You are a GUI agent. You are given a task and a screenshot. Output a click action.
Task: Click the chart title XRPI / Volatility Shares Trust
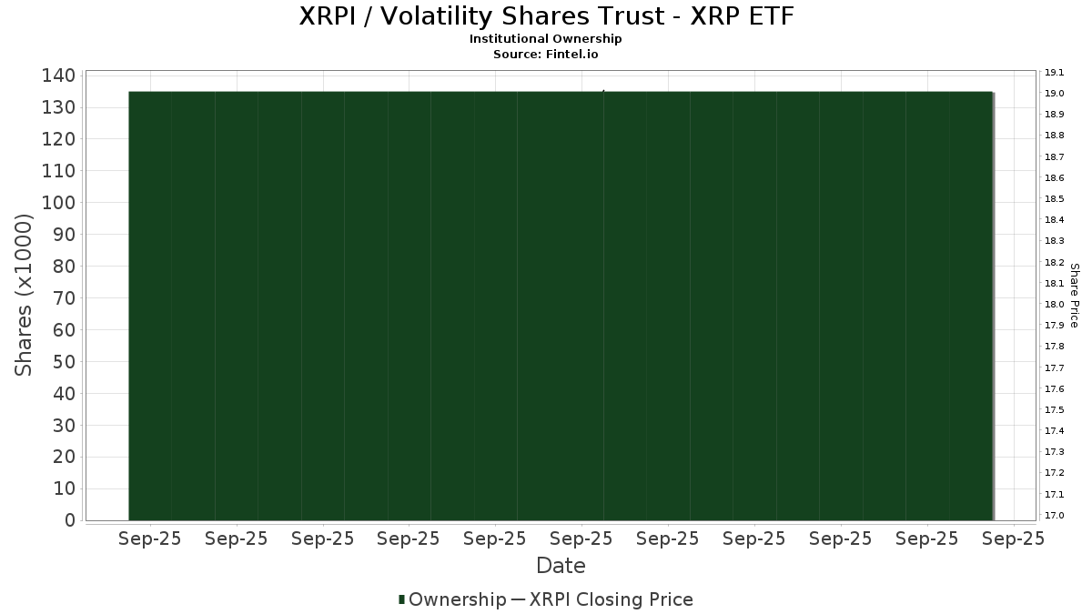point(547,16)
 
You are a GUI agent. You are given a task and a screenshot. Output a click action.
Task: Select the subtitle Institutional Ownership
point(545,39)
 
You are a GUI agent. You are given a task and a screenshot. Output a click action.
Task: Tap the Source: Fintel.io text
point(545,54)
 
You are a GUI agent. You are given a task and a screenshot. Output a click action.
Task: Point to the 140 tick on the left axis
point(58,75)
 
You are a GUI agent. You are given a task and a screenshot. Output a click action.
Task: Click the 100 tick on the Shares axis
point(58,203)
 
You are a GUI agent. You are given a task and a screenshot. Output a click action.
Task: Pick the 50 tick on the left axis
point(65,362)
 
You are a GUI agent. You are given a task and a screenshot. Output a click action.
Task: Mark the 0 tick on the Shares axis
point(70,520)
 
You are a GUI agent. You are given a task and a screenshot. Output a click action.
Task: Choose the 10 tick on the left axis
point(65,488)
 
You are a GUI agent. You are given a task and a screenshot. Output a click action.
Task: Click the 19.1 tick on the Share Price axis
point(1054,73)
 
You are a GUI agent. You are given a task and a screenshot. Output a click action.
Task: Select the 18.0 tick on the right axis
point(1054,305)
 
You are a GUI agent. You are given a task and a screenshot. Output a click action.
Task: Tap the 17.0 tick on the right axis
point(1054,516)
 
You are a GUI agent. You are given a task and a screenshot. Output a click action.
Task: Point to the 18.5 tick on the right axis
point(1054,199)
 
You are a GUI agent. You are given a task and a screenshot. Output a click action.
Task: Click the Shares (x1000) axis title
point(23,296)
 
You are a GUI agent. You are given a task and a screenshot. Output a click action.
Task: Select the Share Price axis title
point(1075,296)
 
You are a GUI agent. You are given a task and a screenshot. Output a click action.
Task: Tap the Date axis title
point(561,566)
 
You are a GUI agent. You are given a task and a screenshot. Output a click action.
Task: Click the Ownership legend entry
point(457,599)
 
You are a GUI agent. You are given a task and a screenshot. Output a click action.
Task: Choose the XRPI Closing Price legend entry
point(612,599)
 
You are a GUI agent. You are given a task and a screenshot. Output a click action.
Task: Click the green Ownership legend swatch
point(401,599)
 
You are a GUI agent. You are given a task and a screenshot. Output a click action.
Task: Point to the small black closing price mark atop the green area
point(603,91)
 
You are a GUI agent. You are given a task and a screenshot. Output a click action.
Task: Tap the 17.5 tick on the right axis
point(1054,410)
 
